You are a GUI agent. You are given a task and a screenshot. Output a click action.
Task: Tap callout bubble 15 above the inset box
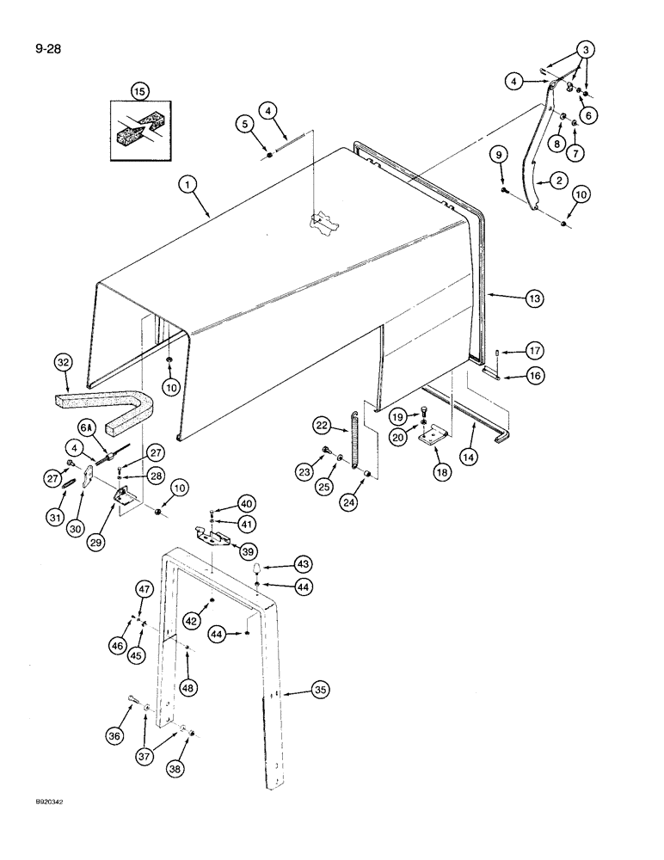click(139, 89)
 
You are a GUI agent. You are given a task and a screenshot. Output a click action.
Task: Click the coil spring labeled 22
click(354, 439)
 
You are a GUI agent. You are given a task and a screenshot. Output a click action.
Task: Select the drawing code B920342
click(32, 824)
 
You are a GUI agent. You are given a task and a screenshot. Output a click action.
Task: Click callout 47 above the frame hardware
click(144, 588)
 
